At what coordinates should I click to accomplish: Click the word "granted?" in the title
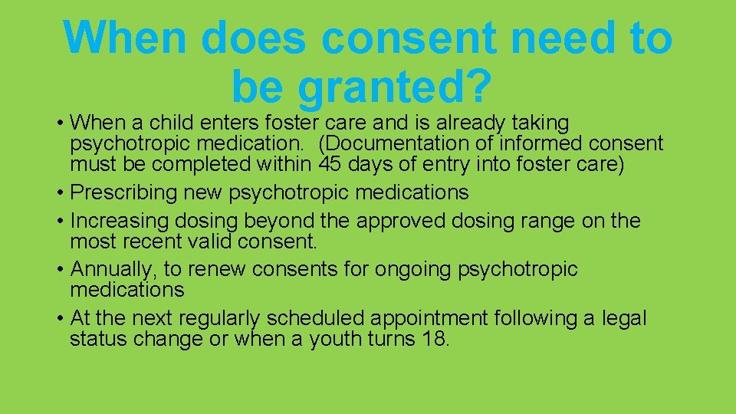click(394, 86)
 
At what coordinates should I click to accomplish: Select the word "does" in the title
click(252, 38)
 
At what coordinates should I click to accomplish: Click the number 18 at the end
click(434, 339)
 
